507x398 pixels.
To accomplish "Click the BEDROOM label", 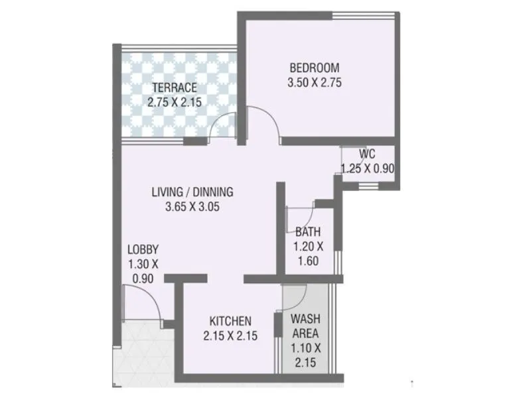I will (x=315, y=68).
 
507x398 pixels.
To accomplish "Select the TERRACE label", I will (x=174, y=88).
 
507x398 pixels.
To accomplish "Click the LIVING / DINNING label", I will (x=192, y=192).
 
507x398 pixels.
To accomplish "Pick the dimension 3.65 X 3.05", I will (x=192, y=207).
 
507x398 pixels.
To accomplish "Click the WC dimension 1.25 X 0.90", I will (x=368, y=168).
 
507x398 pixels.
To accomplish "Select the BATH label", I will (x=308, y=232).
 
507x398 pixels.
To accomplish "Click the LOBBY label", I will (x=143, y=250).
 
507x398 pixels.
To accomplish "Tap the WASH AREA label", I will (x=307, y=326).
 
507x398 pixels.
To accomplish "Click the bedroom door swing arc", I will (x=268, y=126).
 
